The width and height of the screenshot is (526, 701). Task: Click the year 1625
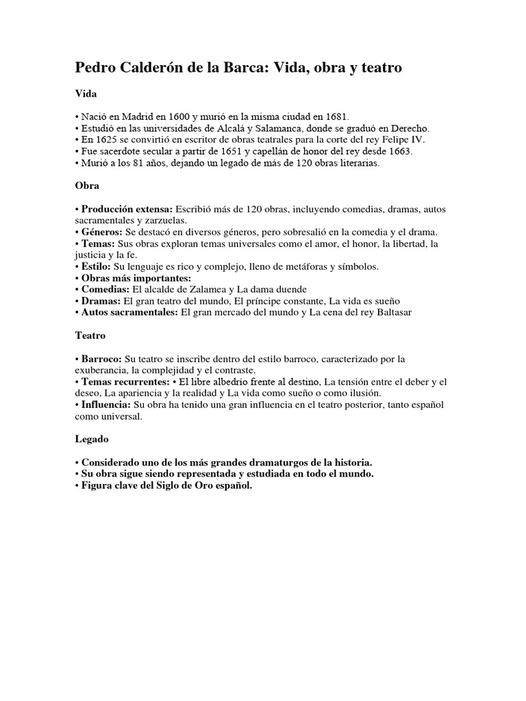(x=103, y=140)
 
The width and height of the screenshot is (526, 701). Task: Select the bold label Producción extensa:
(x=127, y=208)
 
